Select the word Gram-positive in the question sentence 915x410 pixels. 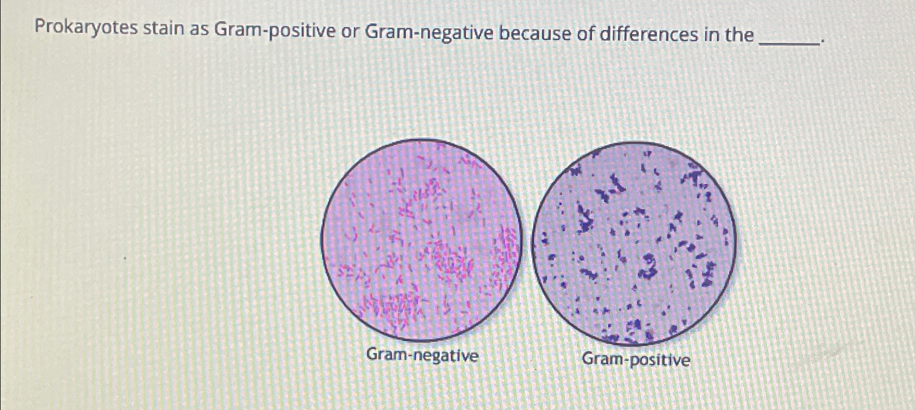coord(275,31)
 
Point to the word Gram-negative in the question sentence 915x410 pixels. coord(429,34)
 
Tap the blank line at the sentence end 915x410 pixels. coord(791,41)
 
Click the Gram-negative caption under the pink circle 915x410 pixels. coord(422,356)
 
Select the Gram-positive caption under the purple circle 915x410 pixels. coord(636,359)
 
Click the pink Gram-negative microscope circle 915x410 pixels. coord(421,239)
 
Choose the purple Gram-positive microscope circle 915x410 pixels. coord(633,243)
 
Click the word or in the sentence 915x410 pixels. coord(349,32)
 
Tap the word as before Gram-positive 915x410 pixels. coord(200,30)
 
